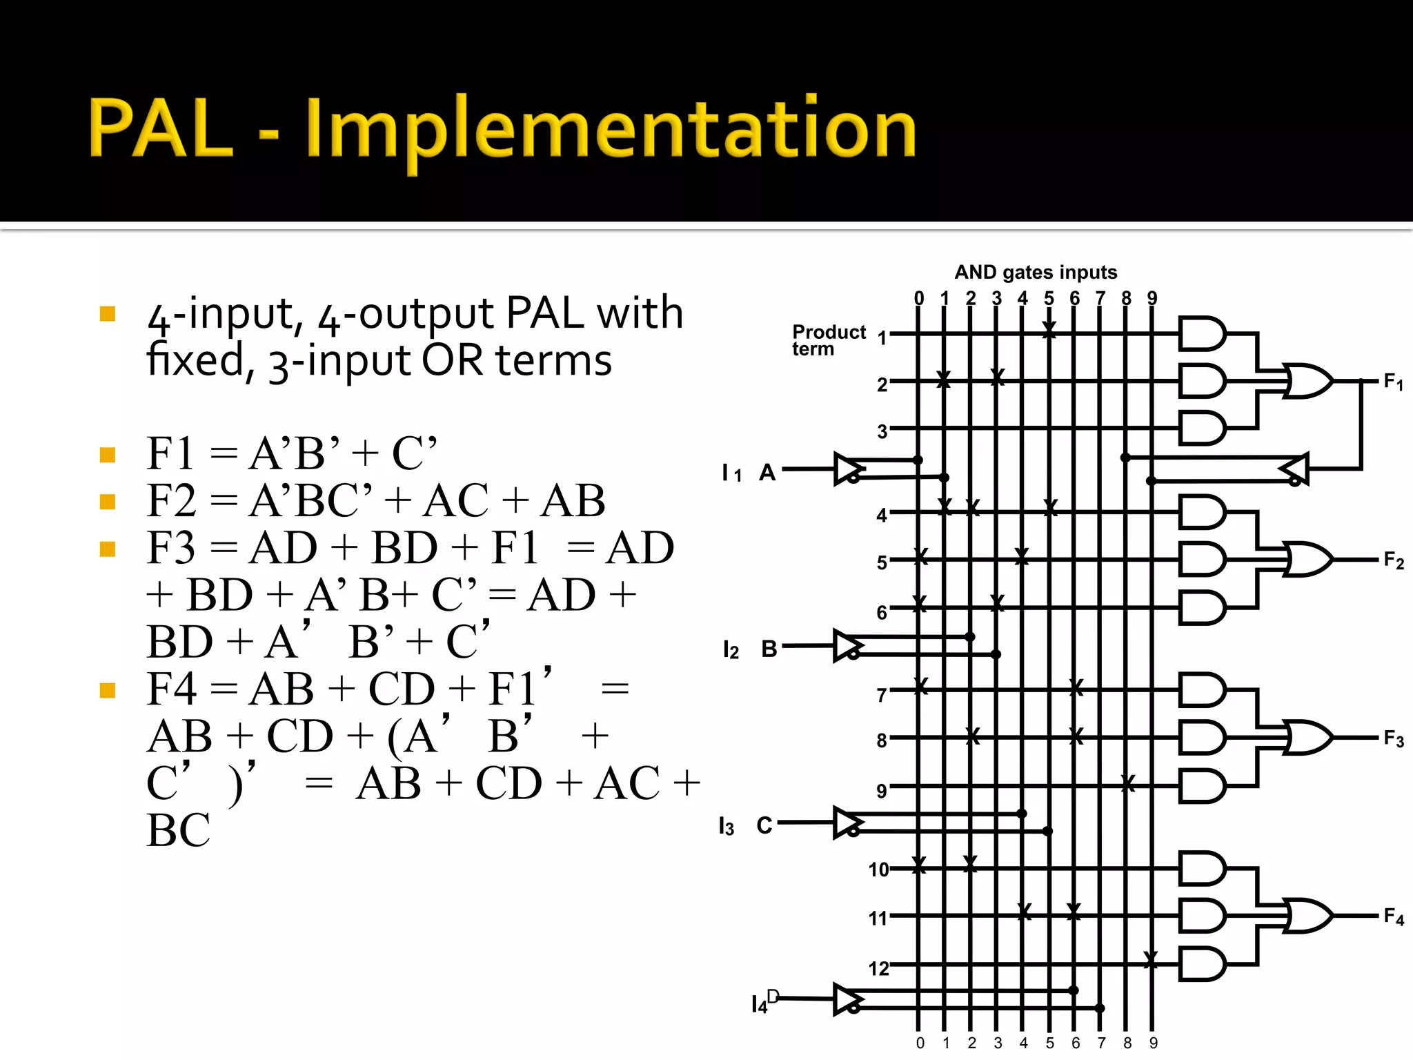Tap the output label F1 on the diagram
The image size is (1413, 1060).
1393,382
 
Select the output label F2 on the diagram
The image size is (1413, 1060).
1393,560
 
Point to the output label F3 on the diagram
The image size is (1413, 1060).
1393,739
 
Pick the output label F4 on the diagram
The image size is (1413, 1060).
1393,916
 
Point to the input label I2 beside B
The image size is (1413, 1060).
731,649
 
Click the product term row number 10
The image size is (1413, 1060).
878,870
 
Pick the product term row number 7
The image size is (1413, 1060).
881,695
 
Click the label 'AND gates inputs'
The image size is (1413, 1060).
1036,273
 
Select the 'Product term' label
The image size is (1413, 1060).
828,340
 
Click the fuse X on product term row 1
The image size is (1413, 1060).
1049,330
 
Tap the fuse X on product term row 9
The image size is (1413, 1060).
1127,783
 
